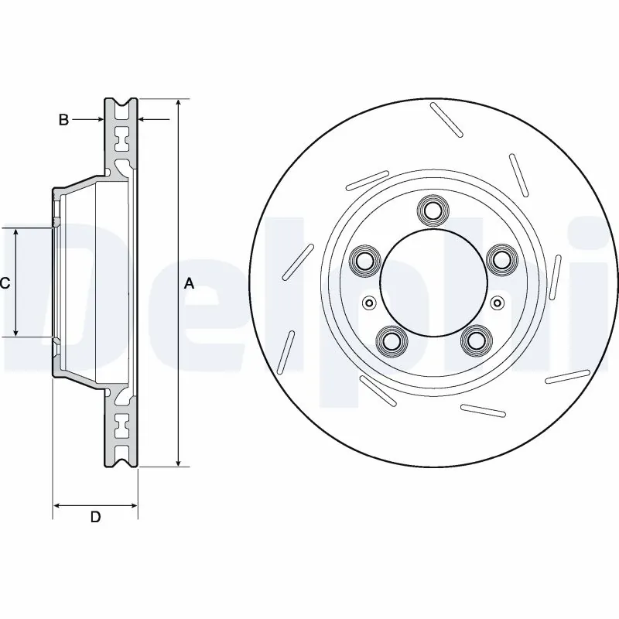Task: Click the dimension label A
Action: coord(189,284)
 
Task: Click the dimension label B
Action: coord(64,119)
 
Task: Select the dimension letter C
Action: coord(5,283)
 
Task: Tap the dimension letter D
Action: coord(95,517)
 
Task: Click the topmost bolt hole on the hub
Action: coord(432,210)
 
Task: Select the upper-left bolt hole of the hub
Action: coord(362,259)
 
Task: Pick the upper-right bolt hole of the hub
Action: coord(501,259)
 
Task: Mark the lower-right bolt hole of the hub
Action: coord(474,340)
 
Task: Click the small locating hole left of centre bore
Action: coord(368,303)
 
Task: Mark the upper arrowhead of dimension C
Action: coord(16,233)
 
